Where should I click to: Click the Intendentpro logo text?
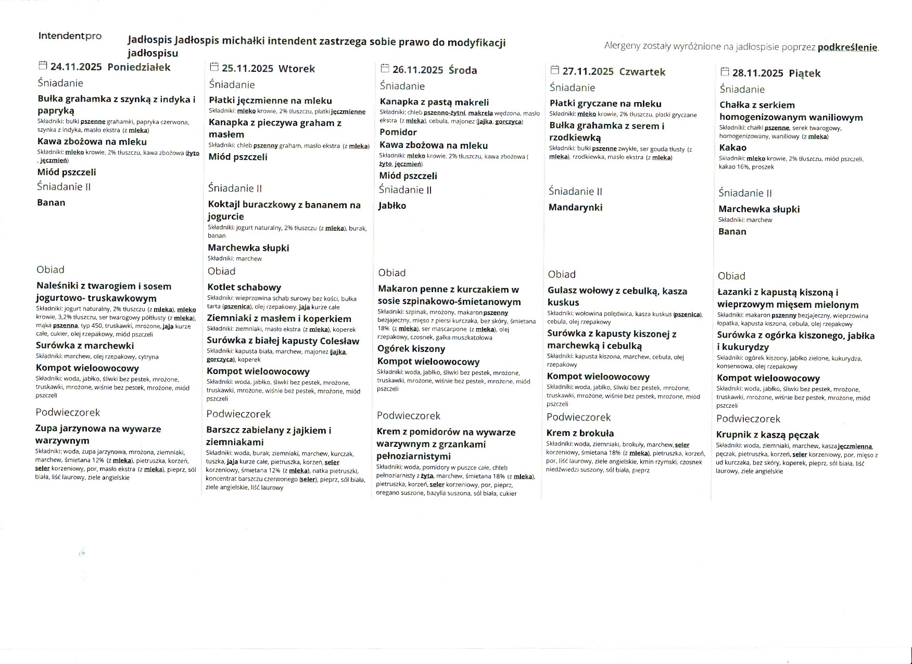(x=70, y=36)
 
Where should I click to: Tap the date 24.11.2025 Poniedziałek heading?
(x=110, y=67)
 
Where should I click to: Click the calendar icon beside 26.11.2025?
(x=385, y=68)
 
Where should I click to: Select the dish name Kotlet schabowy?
(x=244, y=287)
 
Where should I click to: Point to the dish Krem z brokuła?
(x=580, y=433)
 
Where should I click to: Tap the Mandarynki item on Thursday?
(x=575, y=207)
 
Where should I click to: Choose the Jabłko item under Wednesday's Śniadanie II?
(x=392, y=206)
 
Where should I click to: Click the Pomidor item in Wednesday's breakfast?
(x=398, y=132)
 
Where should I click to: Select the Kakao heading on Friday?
(x=732, y=147)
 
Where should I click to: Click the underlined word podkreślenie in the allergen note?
(x=847, y=47)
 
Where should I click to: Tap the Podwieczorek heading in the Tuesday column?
(x=238, y=414)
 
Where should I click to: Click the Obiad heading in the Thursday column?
(x=561, y=274)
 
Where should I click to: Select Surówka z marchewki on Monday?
(x=85, y=346)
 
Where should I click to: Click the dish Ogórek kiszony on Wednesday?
(x=411, y=348)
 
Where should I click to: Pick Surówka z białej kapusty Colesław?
(x=283, y=341)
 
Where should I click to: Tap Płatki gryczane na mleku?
(x=605, y=104)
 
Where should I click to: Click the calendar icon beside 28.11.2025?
(x=724, y=71)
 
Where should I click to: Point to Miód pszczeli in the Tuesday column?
(x=238, y=157)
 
